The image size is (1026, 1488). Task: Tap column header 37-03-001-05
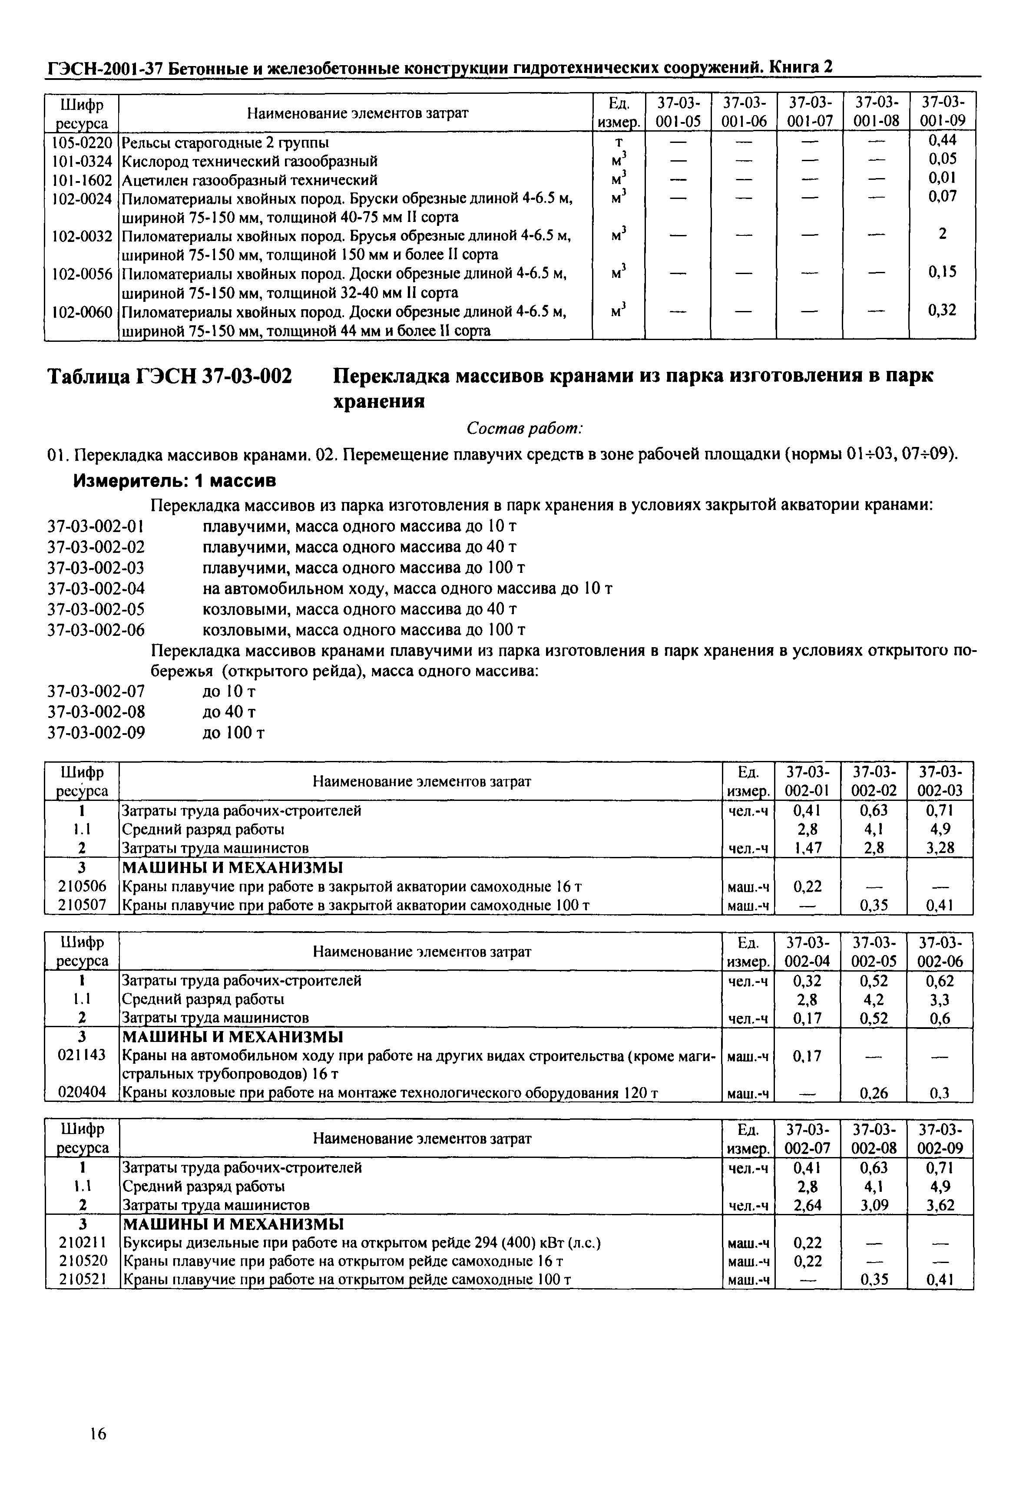pos(678,112)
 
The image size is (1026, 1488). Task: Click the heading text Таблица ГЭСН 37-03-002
pos(170,375)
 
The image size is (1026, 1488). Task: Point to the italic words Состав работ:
pos(525,428)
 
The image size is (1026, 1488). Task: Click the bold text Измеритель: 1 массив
pos(175,480)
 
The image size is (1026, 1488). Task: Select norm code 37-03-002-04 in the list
pos(96,588)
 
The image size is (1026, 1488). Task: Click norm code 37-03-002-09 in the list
pos(96,732)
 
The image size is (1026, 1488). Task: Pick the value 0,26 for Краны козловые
pos(873,1093)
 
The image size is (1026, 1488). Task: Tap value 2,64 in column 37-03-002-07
pos(808,1205)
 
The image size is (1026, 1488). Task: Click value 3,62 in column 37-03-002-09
pos(939,1205)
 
